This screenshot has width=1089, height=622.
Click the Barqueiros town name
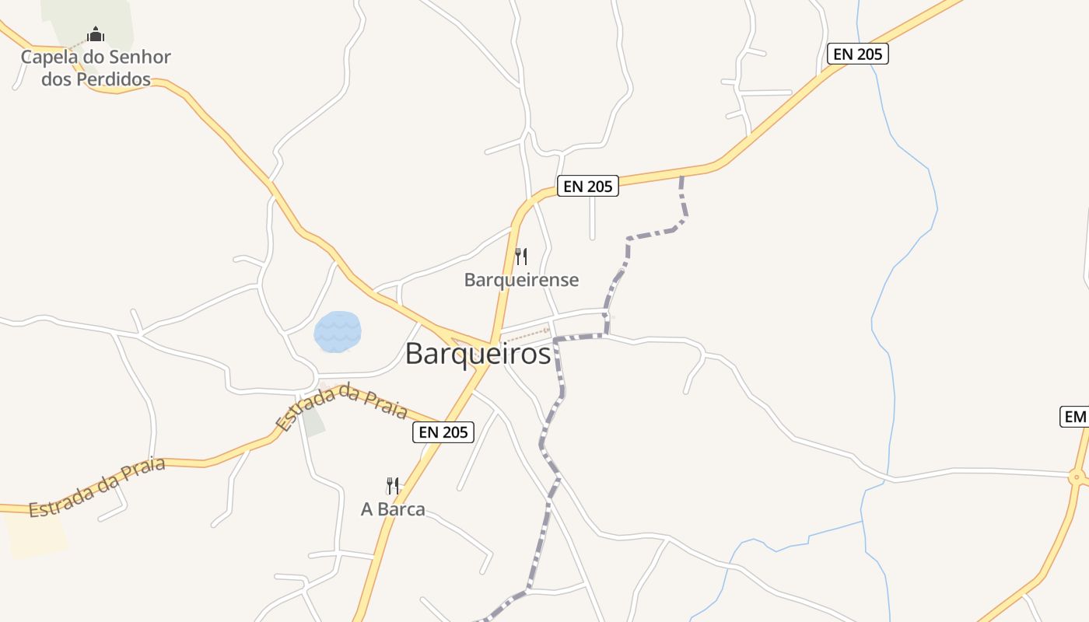[478, 354]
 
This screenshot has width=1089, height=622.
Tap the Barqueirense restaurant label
[521, 280]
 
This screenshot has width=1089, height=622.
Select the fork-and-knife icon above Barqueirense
[521, 256]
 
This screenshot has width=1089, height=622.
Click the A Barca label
[393, 509]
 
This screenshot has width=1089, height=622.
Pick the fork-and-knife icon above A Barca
[393, 486]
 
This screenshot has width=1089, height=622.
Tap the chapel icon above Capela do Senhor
[96, 34]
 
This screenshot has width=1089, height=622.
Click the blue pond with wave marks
[338, 332]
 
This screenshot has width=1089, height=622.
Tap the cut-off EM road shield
[1074, 417]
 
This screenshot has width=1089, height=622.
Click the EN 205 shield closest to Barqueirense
[588, 186]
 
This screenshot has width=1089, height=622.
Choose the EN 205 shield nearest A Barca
[443, 432]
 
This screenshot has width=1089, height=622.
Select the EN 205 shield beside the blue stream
[856, 54]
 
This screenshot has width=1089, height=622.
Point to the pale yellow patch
[35, 536]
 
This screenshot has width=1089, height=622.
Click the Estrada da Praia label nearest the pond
[341, 406]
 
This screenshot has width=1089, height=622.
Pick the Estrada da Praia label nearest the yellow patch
[97, 488]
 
